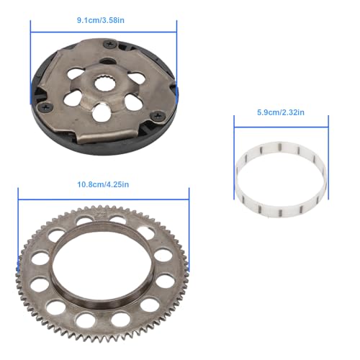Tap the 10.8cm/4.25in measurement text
104,184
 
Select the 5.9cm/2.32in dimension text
280,112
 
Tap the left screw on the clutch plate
45,107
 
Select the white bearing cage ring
280,179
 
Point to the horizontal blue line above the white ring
280,124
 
